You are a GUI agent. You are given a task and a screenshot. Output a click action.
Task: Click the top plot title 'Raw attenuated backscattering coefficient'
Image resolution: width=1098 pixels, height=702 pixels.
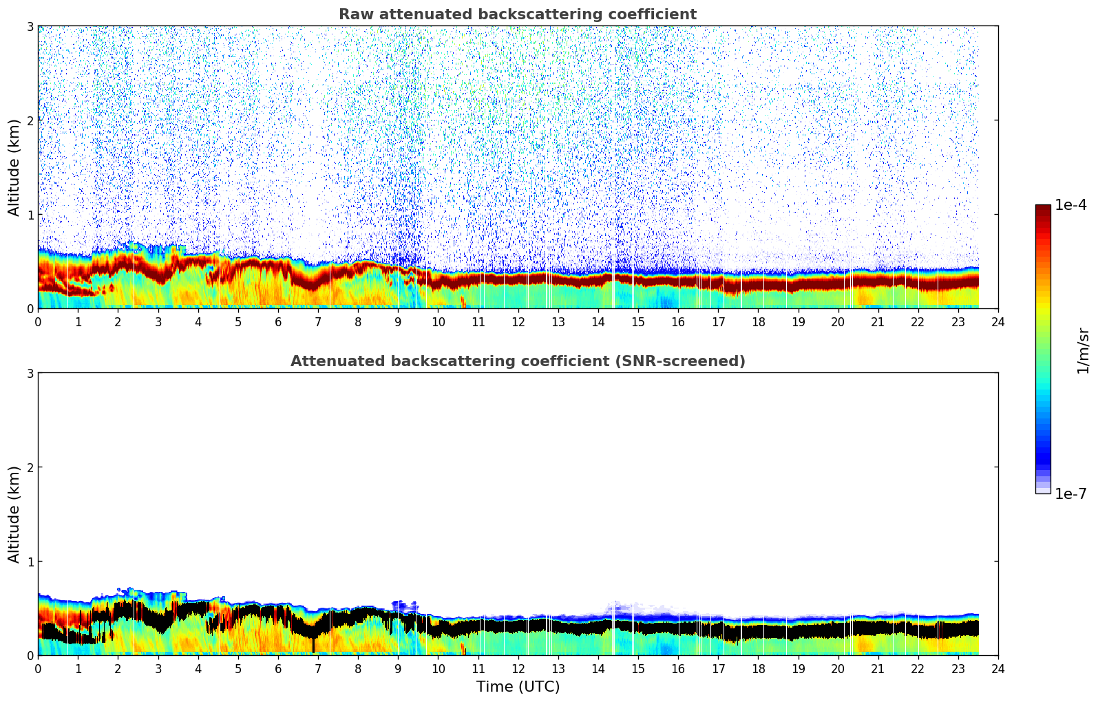point(517,14)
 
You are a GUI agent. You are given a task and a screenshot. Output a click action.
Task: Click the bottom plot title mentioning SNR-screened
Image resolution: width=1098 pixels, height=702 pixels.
point(517,361)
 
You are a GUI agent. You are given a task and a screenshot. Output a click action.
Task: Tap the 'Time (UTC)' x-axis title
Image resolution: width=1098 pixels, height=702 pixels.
point(518,686)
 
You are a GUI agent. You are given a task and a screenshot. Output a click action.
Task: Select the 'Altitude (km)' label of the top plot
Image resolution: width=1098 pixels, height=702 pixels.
point(14,167)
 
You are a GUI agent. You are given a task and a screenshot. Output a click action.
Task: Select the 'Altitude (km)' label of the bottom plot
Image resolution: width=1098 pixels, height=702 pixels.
point(14,514)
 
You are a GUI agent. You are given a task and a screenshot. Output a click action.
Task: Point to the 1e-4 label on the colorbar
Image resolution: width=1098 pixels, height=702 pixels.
point(1070,205)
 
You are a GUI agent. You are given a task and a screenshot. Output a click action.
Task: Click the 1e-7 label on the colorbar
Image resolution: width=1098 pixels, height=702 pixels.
point(1070,494)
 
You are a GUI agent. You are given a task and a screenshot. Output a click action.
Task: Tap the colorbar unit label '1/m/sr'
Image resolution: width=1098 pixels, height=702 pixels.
point(1083,350)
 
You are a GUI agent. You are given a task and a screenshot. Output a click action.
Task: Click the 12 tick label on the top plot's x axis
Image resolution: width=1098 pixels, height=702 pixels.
point(518,321)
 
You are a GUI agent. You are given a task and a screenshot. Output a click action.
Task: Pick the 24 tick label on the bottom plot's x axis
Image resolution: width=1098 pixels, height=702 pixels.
point(997,668)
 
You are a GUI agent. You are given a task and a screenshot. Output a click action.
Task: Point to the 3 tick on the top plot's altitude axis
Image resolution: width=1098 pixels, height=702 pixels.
point(30,26)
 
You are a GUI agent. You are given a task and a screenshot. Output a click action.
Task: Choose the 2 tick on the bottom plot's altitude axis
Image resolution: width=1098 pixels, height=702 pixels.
point(30,467)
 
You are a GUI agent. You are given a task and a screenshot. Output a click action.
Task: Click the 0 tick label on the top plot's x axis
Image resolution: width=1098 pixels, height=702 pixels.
point(38,321)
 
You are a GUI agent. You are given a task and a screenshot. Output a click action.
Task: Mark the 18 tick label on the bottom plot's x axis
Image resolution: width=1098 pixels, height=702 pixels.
point(758,668)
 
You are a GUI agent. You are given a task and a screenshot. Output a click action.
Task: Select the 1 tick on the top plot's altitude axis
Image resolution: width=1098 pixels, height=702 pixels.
point(30,215)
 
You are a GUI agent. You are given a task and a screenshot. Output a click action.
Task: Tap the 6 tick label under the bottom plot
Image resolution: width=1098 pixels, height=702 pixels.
point(278,668)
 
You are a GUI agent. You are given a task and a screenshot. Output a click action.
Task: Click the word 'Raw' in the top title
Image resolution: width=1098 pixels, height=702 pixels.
point(352,14)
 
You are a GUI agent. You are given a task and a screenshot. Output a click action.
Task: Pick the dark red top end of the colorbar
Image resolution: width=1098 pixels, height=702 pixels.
point(1043,208)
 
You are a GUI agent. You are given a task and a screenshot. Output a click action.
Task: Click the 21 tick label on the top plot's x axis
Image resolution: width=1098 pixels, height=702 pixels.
point(878,321)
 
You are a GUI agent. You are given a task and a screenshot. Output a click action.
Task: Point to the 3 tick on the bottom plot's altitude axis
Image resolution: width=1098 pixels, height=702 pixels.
point(30,373)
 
